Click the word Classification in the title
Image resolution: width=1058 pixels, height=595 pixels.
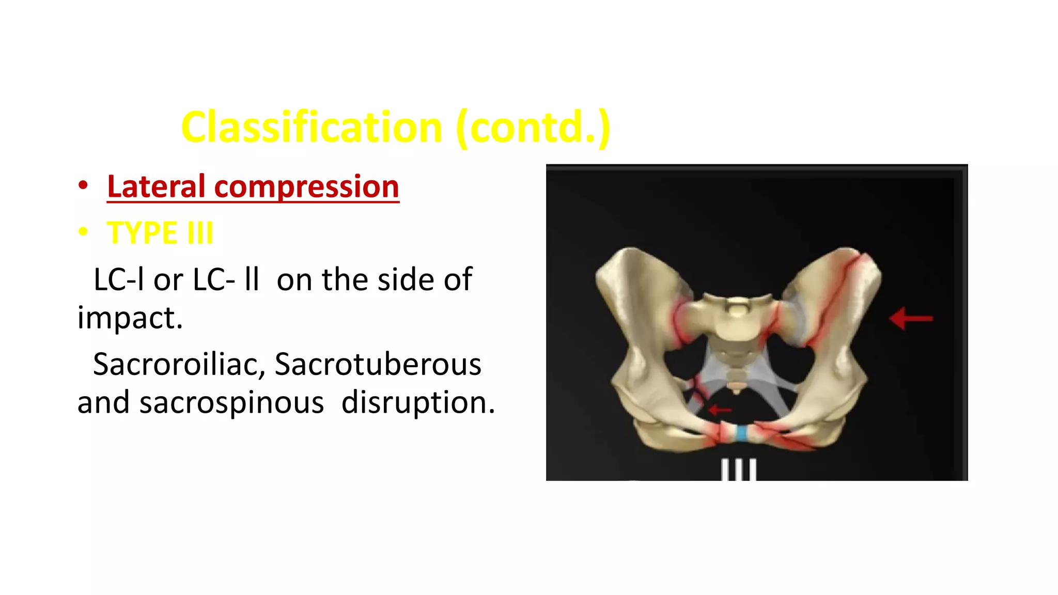tap(312, 127)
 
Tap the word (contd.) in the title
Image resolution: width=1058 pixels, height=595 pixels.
tap(534, 127)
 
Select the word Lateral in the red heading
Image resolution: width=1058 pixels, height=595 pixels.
tap(156, 186)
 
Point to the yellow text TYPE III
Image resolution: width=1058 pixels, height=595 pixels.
tap(160, 233)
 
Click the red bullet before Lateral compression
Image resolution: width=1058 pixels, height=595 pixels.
tap(83, 185)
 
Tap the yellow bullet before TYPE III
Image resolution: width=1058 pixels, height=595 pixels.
tap(83, 232)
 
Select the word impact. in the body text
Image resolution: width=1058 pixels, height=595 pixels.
tap(130, 317)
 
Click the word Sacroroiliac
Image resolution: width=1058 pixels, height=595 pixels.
tap(179, 364)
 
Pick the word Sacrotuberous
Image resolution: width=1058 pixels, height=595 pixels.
tap(378, 364)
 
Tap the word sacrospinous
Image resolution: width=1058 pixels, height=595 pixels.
tap(231, 402)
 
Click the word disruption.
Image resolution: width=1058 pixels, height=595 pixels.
tap(418, 402)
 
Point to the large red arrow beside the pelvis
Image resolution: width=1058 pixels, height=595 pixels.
tap(911, 319)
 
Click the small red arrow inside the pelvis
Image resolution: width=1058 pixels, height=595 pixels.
tap(720, 410)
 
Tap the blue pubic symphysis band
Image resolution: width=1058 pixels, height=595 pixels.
tap(742, 433)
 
